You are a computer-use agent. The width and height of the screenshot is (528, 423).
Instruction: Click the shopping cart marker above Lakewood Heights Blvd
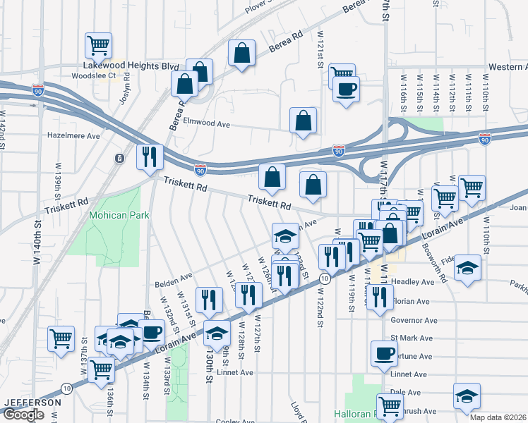pyautogui.click(x=99, y=46)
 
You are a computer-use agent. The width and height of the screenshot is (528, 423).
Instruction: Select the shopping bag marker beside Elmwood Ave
pyautogui.click(x=303, y=121)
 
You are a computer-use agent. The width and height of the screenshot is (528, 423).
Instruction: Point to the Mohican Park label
pyautogui.click(x=119, y=215)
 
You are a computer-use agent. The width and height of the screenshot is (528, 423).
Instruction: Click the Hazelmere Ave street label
pyautogui.click(x=73, y=134)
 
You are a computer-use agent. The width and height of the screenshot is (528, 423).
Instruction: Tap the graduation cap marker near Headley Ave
pyautogui.click(x=467, y=268)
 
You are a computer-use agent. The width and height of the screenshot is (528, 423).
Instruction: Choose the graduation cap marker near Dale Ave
pyautogui.click(x=467, y=397)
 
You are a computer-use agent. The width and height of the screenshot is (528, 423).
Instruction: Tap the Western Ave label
pyautogui.click(x=508, y=67)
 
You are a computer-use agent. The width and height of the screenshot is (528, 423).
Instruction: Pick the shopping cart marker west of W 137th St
pyautogui.click(x=61, y=338)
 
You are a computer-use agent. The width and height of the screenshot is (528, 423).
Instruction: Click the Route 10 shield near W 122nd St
pyautogui.click(x=323, y=279)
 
